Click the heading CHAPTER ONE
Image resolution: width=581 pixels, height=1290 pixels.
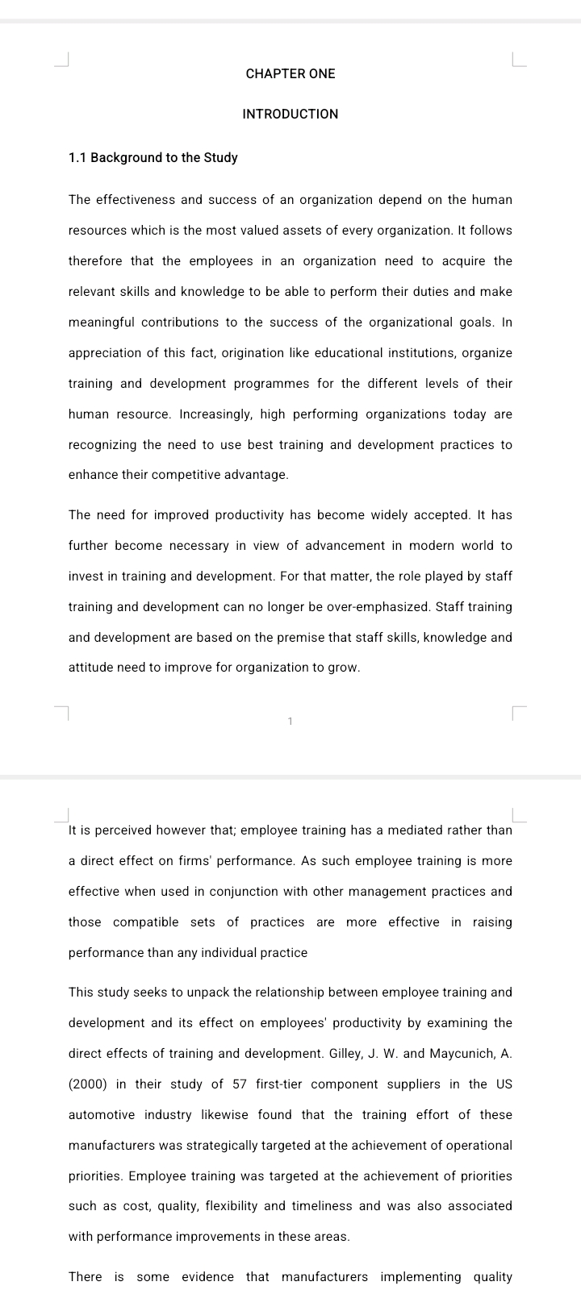(x=290, y=73)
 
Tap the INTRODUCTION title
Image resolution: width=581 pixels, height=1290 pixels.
(x=290, y=114)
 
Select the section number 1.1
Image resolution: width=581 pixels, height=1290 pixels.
(x=77, y=157)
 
